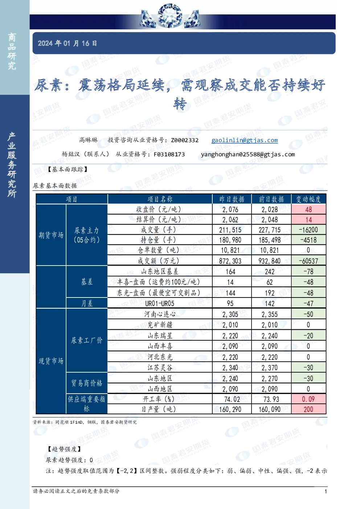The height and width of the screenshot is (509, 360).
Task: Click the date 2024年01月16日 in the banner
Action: coord(67,43)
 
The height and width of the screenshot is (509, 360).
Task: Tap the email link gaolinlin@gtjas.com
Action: coord(245,140)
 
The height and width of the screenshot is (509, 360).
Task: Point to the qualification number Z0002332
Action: coord(185,140)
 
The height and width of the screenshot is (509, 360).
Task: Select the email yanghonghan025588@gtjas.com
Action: coord(248,154)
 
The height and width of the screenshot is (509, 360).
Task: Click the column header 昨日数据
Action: coord(232,199)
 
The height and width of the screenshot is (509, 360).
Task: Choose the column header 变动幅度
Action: coord(308,199)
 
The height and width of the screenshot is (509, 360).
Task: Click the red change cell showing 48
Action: coord(308,209)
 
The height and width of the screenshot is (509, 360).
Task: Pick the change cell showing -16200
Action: coord(308,230)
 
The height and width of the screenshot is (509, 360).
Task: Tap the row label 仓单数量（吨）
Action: coord(160,250)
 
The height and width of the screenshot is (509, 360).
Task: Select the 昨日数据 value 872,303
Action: coord(230,261)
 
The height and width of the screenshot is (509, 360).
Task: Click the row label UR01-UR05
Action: coord(160,303)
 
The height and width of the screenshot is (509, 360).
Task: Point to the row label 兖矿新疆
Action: coord(160,325)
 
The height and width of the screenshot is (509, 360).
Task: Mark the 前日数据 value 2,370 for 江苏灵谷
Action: coord(270,368)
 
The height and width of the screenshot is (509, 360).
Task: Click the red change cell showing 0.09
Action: coord(308,399)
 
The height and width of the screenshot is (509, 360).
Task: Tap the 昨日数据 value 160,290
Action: coord(230,409)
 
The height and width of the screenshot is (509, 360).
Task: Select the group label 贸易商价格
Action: coord(87,383)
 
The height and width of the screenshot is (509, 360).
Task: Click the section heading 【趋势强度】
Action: coord(64,449)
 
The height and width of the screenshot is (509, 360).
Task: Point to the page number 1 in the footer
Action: coord(326,491)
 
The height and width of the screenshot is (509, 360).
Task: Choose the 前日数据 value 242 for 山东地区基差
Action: coord(270,271)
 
